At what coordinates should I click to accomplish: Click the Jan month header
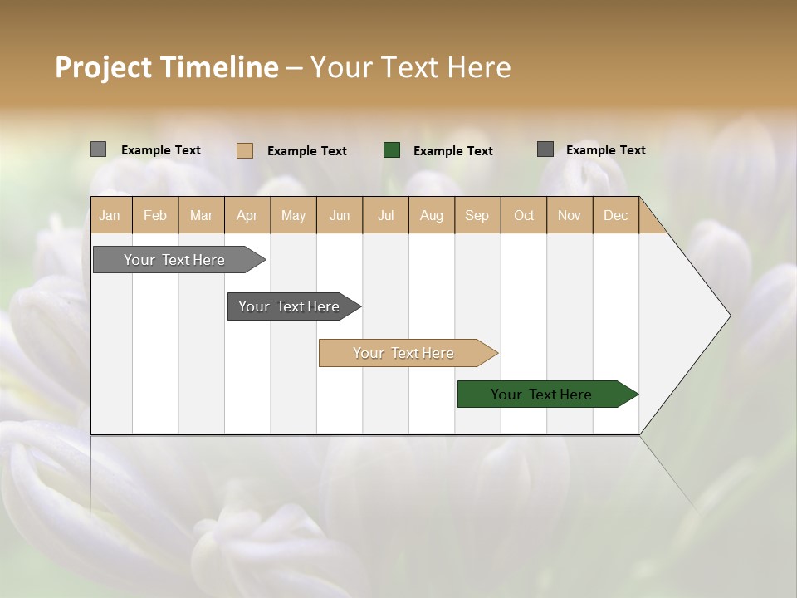[110, 215]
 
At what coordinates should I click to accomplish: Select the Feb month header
[155, 215]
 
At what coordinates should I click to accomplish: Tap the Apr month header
[247, 215]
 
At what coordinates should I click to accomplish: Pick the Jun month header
[340, 215]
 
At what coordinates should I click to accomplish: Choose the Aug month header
[431, 215]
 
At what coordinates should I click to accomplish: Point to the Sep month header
[477, 215]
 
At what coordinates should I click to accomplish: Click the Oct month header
[524, 215]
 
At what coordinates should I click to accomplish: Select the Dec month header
[615, 215]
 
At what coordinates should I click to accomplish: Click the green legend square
[392, 150]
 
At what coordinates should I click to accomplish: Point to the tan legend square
[245, 150]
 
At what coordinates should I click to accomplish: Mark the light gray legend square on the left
[98, 149]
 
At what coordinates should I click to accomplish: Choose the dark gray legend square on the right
[545, 149]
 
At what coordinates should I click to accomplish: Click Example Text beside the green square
[452, 151]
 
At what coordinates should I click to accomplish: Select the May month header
[293, 215]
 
